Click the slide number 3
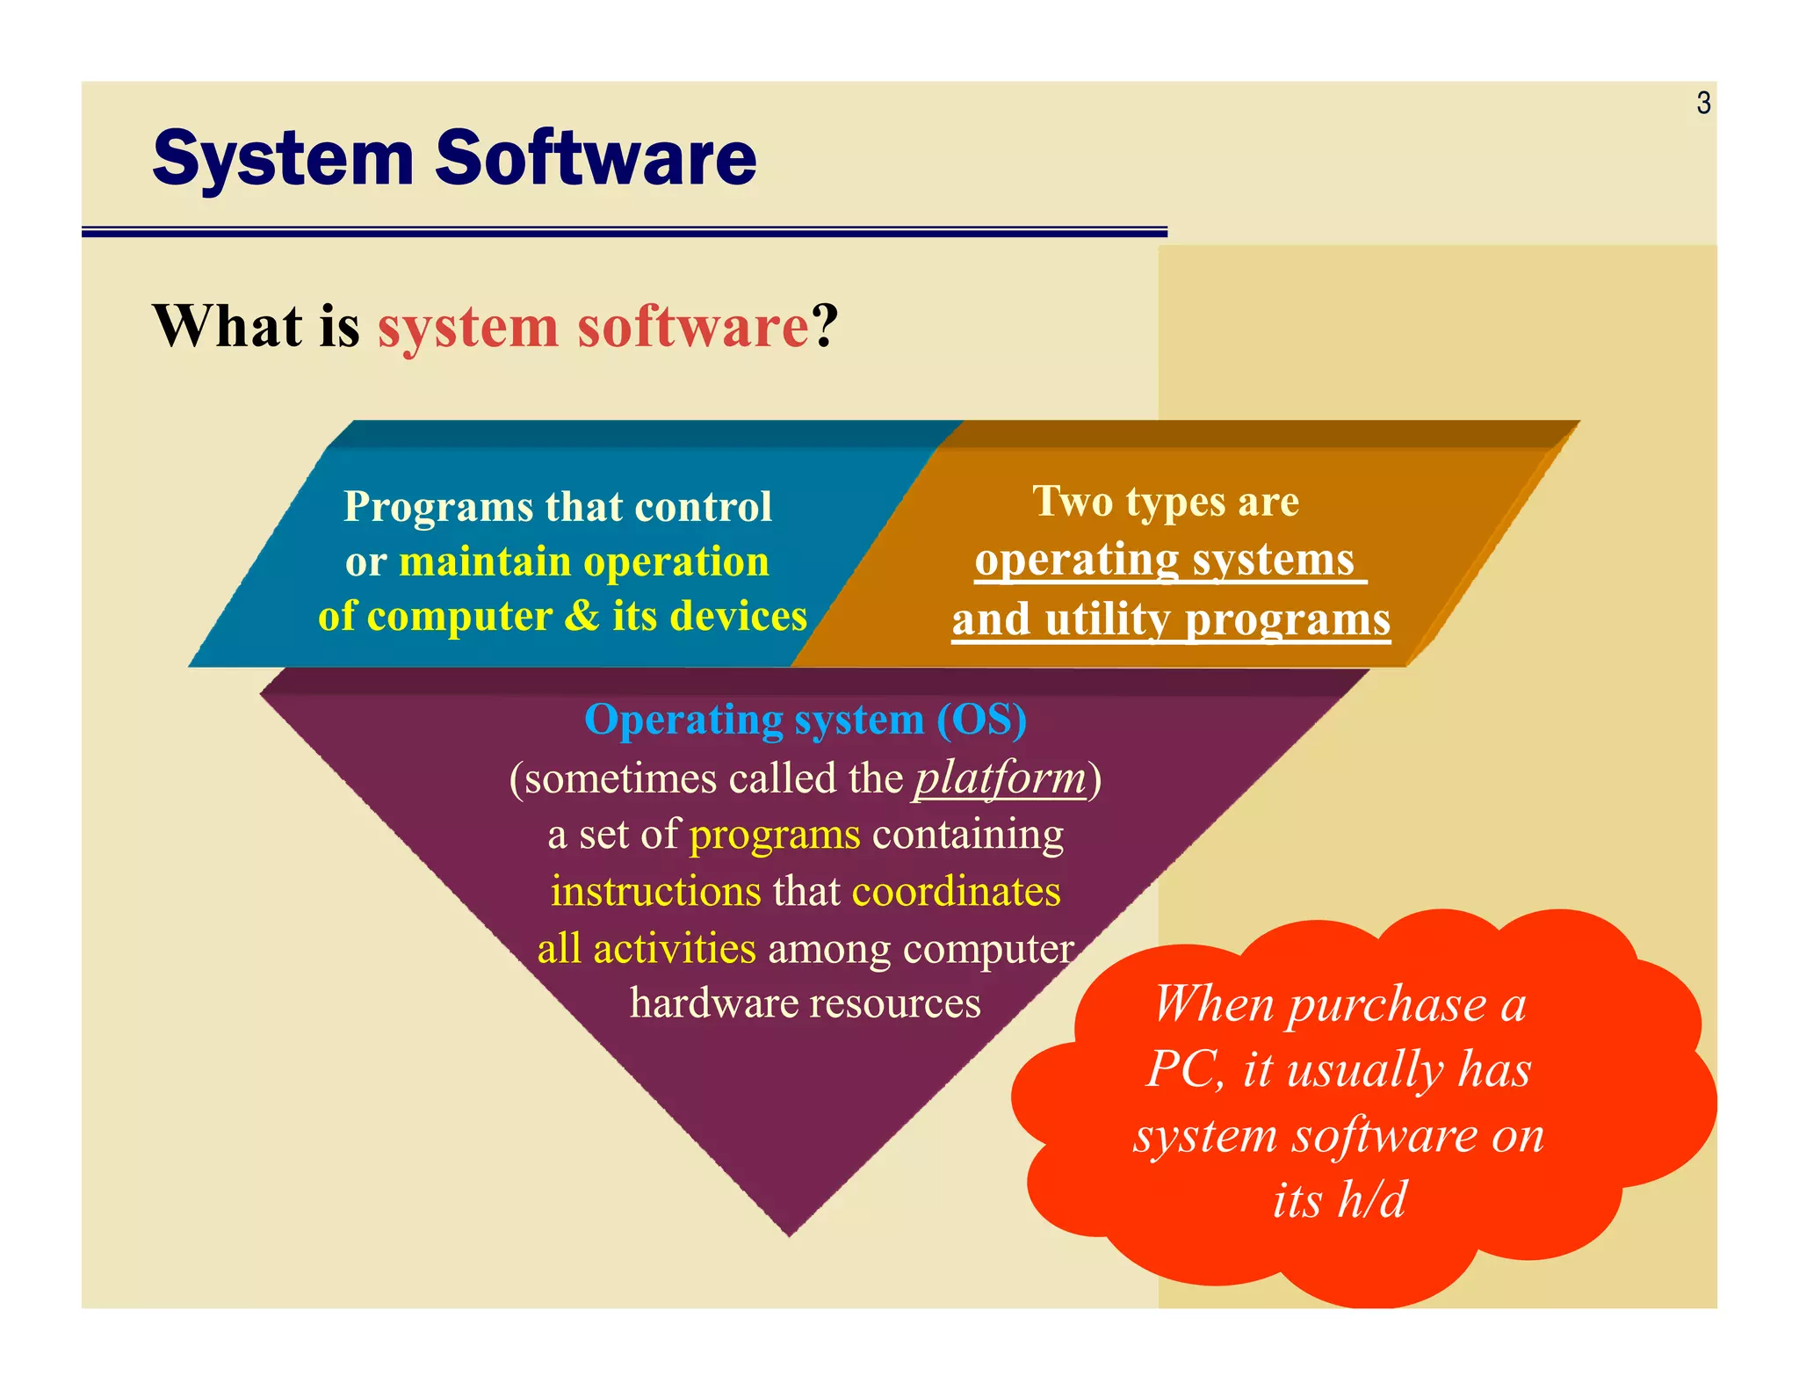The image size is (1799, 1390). point(1703,104)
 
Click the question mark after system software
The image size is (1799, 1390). point(825,326)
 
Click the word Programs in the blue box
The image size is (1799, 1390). point(438,507)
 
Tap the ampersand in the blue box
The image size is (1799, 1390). point(581,616)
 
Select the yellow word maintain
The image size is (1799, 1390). point(485,561)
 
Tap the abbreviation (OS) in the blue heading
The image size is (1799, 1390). point(981,720)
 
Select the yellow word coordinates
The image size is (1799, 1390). point(956,891)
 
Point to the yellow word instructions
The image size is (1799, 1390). point(655,891)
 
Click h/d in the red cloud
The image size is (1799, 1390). point(1371,1199)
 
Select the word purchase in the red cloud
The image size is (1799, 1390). point(1387,1003)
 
